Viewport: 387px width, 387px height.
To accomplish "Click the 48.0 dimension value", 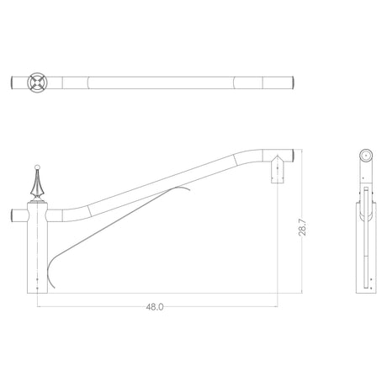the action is pyautogui.click(x=155, y=307).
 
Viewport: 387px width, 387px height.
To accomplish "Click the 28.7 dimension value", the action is pyautogui.click(x=302, y=227).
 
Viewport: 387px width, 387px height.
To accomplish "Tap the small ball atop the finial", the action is pyautogui.click(x=37, y=167).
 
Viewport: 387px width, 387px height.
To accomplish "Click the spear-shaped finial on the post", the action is pyautogui.click(x=37, y=183).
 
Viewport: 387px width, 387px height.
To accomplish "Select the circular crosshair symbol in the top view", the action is pyautogui.click(x=37, y=82).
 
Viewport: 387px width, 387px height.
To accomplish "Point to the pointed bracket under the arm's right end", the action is pyautogui.click(x=278, y=169).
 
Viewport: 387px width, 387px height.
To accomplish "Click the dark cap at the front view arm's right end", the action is pyautogui.click(x=292, y=156).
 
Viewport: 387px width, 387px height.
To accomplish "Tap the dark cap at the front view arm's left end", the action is pyautogui.click(x=12, y=215).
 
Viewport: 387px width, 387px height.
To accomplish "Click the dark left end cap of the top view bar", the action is pyautogui.click(x=12, y=82).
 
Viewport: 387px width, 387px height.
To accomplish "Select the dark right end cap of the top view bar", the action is pyautogui.click(x=292, y=82).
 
